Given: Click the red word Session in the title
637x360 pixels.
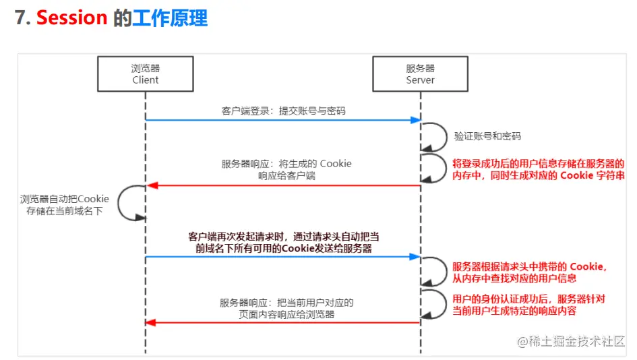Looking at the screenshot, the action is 72,18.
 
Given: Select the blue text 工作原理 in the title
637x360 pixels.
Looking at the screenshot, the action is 171,18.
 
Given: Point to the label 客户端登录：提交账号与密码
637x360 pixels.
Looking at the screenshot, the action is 284,111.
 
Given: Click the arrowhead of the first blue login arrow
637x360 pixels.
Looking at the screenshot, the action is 416,120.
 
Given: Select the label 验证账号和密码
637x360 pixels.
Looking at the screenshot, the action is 487,136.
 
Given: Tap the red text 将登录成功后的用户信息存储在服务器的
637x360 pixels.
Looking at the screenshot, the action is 539,164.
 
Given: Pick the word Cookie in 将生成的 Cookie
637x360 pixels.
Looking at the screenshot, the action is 336,164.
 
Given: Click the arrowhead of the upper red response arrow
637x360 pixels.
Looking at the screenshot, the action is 152,185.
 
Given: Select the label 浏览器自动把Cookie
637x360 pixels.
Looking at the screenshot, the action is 65,199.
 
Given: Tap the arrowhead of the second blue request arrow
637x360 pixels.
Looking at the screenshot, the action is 415,257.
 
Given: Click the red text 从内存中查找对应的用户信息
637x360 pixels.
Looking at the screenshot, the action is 514,278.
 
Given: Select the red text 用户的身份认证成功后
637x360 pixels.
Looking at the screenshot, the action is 502,299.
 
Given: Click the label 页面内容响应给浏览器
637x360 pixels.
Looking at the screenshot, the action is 286,314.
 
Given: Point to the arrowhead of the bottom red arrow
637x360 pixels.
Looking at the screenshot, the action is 151,323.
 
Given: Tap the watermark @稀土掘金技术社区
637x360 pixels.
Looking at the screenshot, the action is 571,341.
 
